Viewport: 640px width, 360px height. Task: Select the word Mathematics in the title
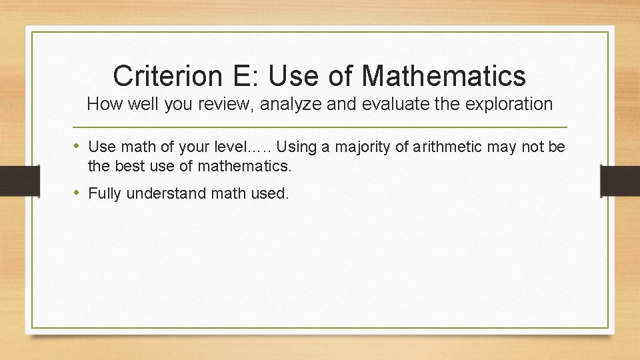click(444, 75)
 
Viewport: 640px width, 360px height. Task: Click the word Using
click(305, 147)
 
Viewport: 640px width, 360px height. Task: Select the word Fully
click(105, 194)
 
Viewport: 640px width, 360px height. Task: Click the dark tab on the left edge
click(12, 180)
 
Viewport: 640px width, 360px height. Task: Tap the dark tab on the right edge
click(620, 180)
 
